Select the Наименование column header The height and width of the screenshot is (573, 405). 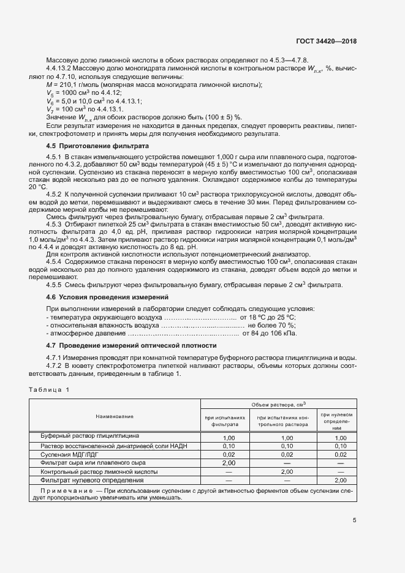point(115,416)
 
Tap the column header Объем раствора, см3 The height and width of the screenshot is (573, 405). point(279,405)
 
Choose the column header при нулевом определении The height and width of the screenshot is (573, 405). point(336,421)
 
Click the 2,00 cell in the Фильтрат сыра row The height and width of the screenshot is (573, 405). point(229,463)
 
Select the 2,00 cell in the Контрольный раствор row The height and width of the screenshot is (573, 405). point(287,472)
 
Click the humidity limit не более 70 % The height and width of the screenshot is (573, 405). point(271,326)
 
